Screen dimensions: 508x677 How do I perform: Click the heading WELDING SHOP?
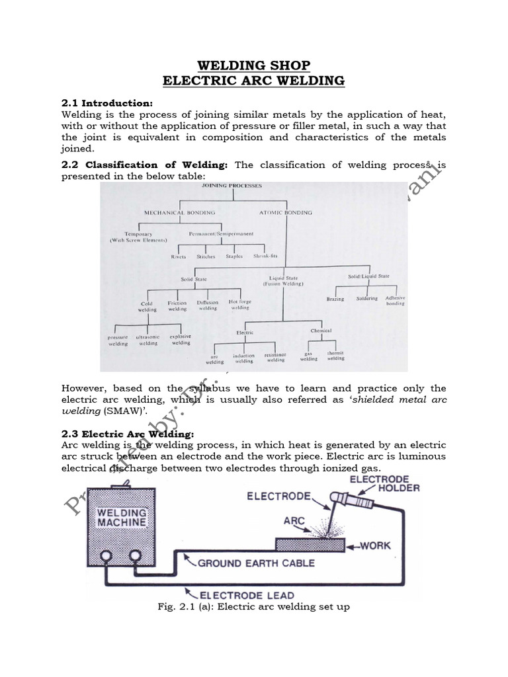(x=254, y=65)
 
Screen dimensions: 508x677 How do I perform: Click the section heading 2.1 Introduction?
(x=106, y=103)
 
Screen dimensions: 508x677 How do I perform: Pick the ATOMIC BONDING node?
(x=286, y=212)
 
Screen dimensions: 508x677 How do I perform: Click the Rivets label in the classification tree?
(x=179, y=257)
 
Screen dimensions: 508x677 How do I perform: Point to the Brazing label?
(x=336, y=299)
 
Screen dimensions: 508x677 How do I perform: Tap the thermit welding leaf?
(x=335, y=356)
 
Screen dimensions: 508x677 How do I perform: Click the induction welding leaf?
(x=243, y=358)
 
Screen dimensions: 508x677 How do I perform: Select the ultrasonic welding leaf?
(x=148, y=340)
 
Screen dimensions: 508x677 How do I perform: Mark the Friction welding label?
(x=177, y=306)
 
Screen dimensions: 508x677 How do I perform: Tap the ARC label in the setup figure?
(x=294, y=520)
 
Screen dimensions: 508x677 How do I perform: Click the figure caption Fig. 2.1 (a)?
(x=254, y=606)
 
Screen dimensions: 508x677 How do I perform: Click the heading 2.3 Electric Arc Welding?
(x=128, y=434)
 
